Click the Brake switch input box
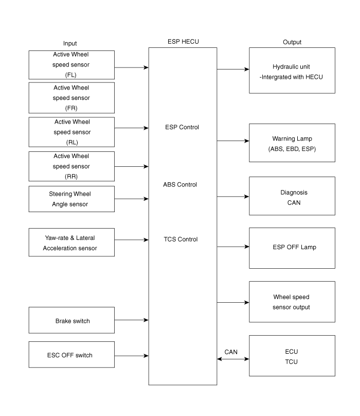pyautogui.click(x=71, y=320)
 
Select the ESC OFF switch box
pyautogui.click(x=71, y=355)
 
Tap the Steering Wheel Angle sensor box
pyautogui.click(x=71, y=199)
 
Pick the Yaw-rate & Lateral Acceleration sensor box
pyautogui.click(x=71, y=242)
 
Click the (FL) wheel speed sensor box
pyautogui.click(x=71, y=65)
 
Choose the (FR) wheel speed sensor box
pyautogui.click(x=71, y=98)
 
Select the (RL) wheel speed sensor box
pyautogui.click(x=71, y=132)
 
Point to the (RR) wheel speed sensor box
pyautogui.click(x=71, y=166)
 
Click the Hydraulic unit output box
pyautogui.click(x=292, y=71)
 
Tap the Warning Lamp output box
pyautogui.click(x=292, y=143)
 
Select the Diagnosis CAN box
pyautogui.click(x=292, y=197)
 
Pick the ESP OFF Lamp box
pyautogui.click(x=292, y=247)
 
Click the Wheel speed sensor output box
pyautogui.click(x=292, y=302)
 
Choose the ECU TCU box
pyautogui.click(x=292, y=356)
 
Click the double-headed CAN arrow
pyautogui.click(x=233, y=359)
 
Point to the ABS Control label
pyautogui.click(x=180, y=184)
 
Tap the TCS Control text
pyautogui.click(x=180, y=239)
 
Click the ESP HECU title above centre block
pyautogui.click(x=183, y=42)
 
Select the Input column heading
pyautogui.click(x=70, y=43)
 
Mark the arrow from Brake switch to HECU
pyautogui.click(x=132, y=320)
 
